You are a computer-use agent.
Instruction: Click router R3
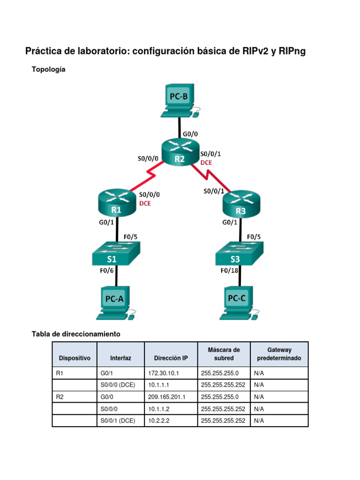[x=240, y=204]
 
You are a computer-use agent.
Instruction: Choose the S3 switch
[x=240, y=255]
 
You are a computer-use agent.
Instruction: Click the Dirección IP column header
[x=171, y=358]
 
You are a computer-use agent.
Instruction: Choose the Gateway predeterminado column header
[x=279, y=354]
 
